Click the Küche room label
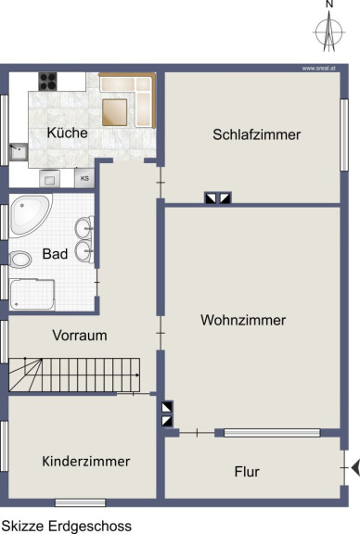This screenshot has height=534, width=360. [67, 133]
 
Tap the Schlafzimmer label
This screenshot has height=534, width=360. [256, 134]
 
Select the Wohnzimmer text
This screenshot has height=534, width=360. [243, 320]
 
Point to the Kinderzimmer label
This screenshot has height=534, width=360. [86, 462]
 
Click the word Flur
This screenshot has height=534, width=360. [247, 472]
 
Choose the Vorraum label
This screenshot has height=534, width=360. [80, 336]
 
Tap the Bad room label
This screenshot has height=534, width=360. [55, 254]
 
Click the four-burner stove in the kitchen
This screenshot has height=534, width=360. [47, 82]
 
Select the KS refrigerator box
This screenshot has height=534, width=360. [84, 178]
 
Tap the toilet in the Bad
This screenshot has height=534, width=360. [20, 260]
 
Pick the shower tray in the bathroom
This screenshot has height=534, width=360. [32, 294]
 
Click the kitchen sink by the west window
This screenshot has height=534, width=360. [19, 151]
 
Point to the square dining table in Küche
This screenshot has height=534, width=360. [114, 112]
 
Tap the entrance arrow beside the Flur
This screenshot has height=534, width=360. [355, 467]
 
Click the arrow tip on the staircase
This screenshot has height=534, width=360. [139, 375]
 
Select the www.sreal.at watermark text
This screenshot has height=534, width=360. [319, 69]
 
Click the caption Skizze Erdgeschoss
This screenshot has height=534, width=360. [67, 526]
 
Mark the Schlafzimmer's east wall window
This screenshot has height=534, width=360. [344, 134]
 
